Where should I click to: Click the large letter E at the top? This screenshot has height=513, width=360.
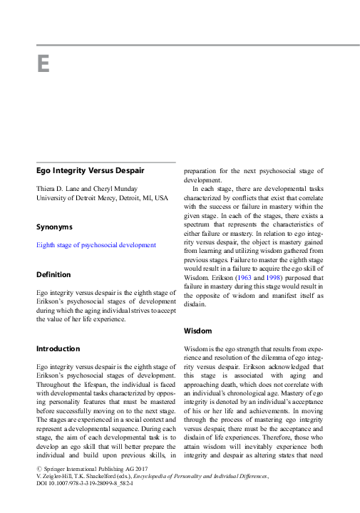tap(43, 64)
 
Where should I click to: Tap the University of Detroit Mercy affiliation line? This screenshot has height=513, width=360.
tap(102, 197)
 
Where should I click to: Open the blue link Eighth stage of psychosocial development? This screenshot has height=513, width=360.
tap(96, 245)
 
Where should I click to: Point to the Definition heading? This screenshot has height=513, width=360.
tap(53, 274)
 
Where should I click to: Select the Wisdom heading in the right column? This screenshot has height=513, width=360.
tap(197, 331)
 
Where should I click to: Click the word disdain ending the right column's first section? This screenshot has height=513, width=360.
tap(195, 304)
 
